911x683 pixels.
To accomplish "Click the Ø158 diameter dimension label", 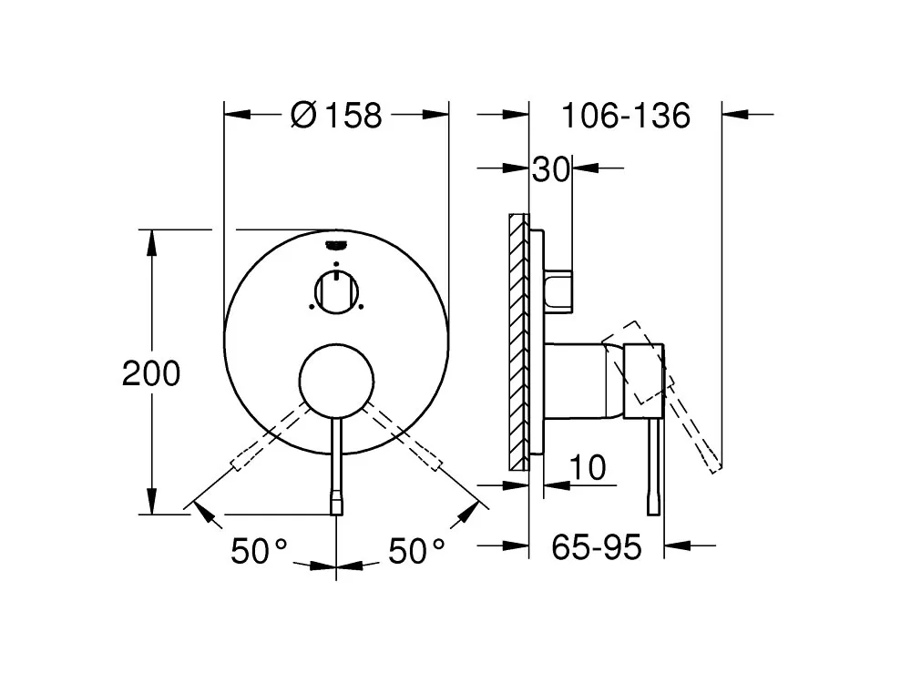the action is (336, 115).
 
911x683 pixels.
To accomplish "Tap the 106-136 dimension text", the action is (626, 115).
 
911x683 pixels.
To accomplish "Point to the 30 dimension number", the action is (551, 169).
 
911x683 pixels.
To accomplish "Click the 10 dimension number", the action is (588, 467).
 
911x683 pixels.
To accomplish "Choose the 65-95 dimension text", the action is (597, 546).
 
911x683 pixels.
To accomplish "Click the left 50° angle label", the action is (259, 551).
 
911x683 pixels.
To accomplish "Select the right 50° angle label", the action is (416, 551).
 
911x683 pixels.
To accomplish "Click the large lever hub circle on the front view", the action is (336, 381).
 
